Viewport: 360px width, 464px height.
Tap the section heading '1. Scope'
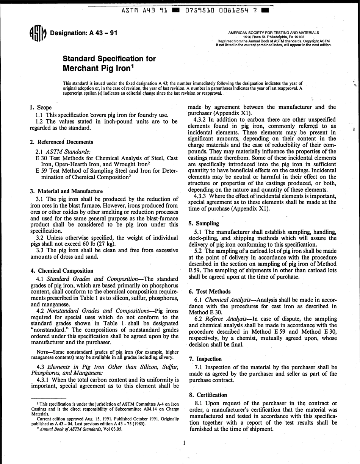pyautogui.click(x=41, y=108)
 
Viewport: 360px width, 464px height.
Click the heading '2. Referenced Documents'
pyautogui.click(x=61, y=142)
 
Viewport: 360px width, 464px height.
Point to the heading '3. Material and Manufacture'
pyautogui.click(x=66, y=191)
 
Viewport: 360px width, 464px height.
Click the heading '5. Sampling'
pyautogui.click(x=203, y=223)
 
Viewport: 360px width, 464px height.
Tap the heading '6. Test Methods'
pyautogui.click(x=209, y=292)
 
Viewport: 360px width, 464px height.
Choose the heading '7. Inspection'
pyautogui.click(x=205, y=359)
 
